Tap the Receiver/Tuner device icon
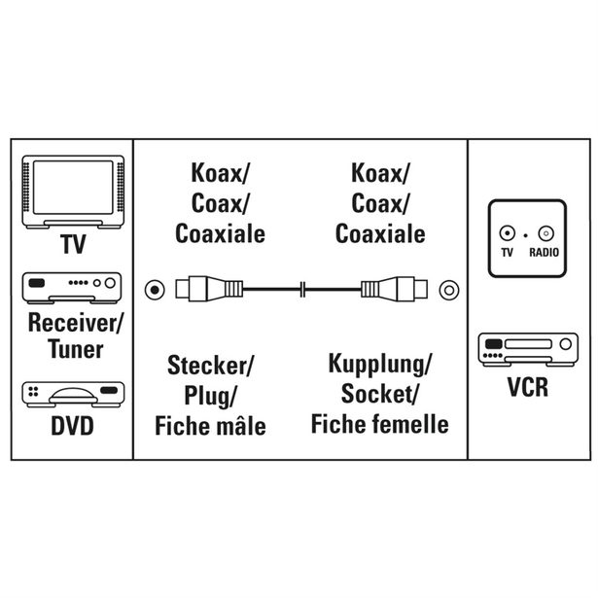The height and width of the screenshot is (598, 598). click(x=73, y=285)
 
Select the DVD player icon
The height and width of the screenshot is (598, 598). click(x=73, y=395)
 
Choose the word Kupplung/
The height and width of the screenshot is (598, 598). click(x=379, y=367)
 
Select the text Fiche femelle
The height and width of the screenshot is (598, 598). click(x=379, y=425)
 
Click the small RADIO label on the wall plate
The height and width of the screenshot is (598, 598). click(x=543, y=253)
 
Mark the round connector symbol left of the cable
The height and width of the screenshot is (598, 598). click(x=154, y=289)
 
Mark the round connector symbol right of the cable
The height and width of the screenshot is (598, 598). click(x=447, y=289)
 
